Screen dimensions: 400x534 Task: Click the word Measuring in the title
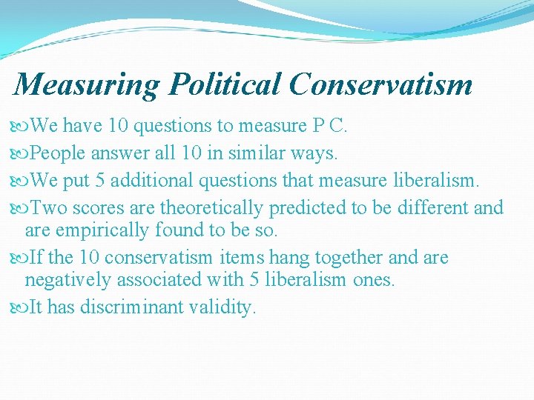click(86, 84)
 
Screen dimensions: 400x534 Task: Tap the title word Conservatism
click(380, 84)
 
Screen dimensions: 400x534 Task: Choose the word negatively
click(68, 280)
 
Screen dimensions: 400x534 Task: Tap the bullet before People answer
click(21, 154)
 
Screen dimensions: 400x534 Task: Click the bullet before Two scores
click(21, 208)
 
